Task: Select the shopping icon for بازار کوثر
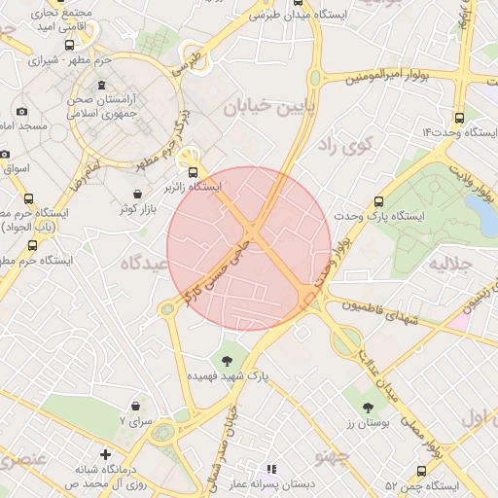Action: (136, 195)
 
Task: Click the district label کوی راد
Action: (338, 145)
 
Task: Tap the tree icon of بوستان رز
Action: (368, 409)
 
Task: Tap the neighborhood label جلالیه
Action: (451, 265)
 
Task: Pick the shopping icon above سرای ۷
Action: (135, 406)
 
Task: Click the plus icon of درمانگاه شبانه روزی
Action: (105, 454)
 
